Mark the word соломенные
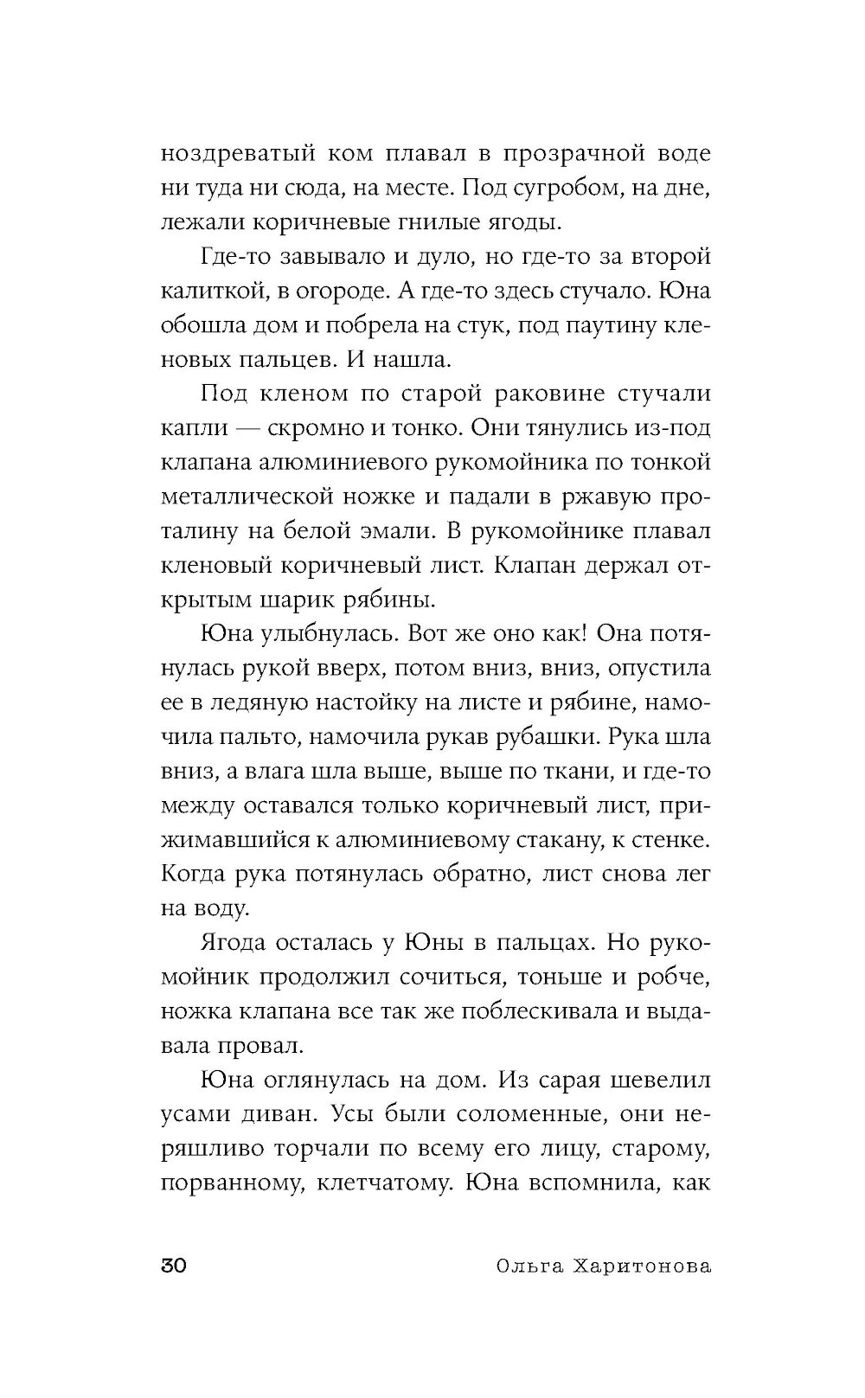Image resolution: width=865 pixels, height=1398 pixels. pyautogui.click(x=523, y=1114)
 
